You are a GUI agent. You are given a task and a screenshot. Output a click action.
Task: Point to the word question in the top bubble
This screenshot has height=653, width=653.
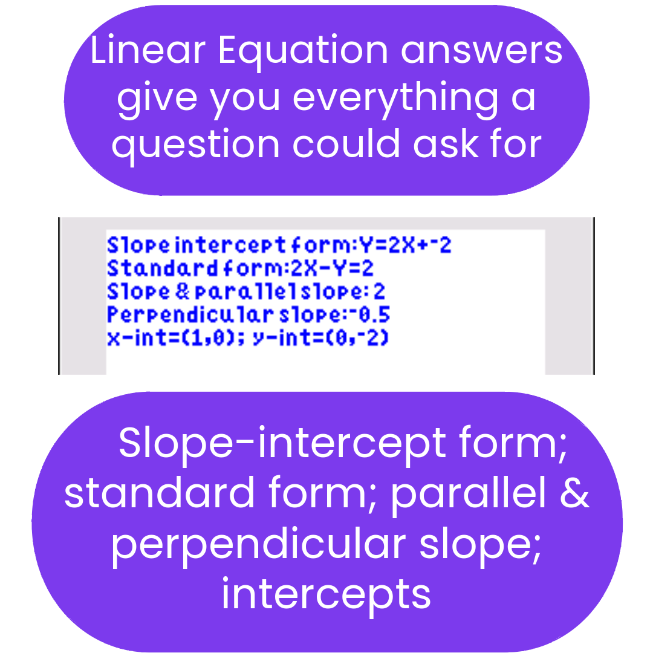pyautogui.click(x=195, y=146)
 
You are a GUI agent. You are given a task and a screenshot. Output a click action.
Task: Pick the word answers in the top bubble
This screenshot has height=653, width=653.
pyautogui.click(x=481, y=52)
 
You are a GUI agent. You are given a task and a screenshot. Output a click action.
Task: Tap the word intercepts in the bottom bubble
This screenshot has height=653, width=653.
pyautogui.click(x=326, y=594)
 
